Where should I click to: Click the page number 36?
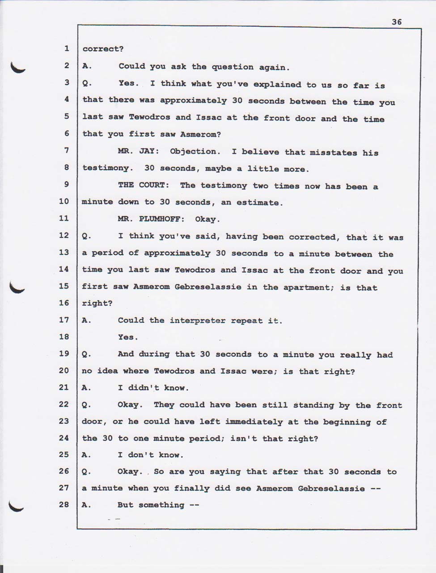point(396,21)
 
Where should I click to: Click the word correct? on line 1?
point(103,49)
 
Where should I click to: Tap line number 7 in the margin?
point(66,150)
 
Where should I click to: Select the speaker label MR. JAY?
point(138,151)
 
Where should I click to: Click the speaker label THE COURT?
point(144,185)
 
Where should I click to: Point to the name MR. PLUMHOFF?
point(151,219)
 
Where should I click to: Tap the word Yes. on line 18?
point(128,337)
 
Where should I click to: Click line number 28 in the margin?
point(64,505)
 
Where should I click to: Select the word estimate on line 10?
point(259,202)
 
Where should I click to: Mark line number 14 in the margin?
point(64,269)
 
